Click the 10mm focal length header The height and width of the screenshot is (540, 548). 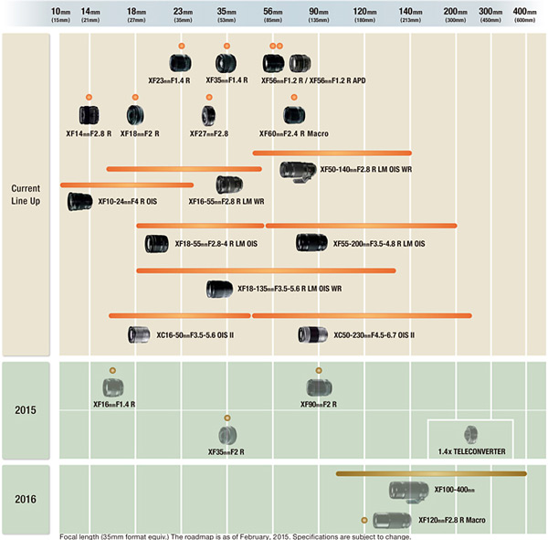coord(60,14)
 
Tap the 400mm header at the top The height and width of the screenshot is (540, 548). coord(524,14)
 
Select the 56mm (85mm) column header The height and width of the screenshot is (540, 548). coord(273,14)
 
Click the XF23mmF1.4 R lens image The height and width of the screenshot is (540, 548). coord(181,63)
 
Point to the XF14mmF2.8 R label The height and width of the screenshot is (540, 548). coord(89,133)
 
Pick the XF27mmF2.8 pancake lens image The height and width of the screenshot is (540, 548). coord(209,115)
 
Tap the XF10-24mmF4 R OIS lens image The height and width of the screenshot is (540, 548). coord(79,201)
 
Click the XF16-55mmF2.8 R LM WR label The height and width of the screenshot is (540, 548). coord(227,201)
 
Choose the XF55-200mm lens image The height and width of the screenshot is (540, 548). coord(312,243)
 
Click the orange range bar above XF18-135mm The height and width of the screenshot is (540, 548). coord(265,270)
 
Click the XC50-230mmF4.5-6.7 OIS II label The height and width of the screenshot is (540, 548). coord(374,335)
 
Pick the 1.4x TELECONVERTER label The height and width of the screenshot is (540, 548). coord(471,451)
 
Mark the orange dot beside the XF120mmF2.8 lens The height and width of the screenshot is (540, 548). coord(364,519)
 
